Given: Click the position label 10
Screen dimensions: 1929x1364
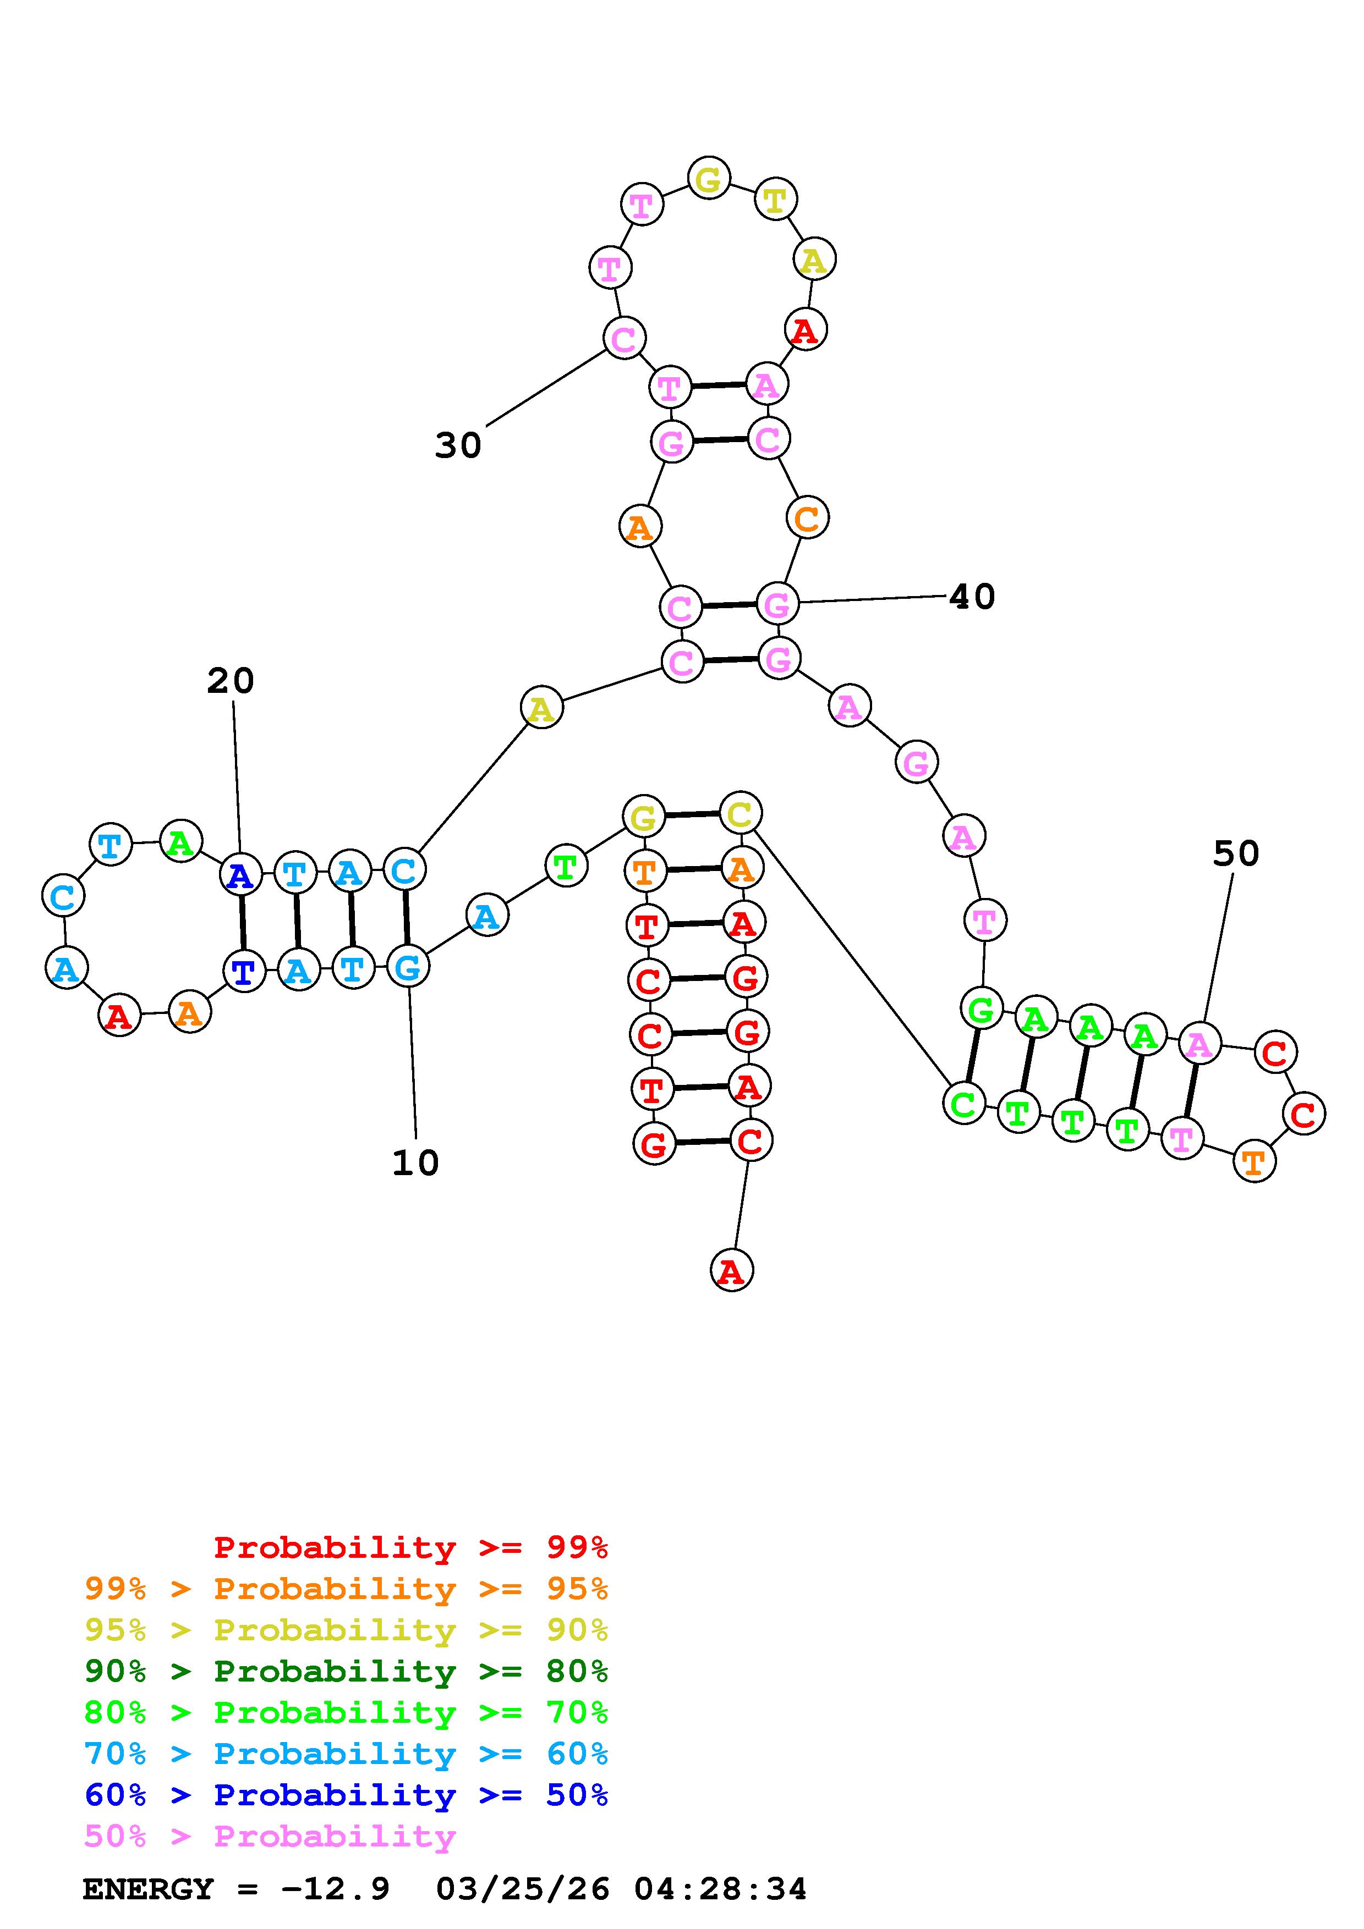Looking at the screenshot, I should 415,1163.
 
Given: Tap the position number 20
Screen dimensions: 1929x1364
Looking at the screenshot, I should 231,681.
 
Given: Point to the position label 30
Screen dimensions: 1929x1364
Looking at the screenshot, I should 458,445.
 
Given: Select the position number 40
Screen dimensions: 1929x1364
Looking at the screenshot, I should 972,597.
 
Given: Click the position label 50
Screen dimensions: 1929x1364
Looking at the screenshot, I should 1235,853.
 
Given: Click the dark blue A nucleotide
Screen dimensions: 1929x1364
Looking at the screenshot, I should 240,875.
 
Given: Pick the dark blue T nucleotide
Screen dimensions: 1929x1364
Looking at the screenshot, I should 244,972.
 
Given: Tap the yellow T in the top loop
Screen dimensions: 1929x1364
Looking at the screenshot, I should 775,200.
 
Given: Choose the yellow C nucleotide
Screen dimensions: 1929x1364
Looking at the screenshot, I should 739,813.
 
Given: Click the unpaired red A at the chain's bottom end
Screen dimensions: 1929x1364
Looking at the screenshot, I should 731,1270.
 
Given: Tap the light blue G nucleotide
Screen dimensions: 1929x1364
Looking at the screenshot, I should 408,967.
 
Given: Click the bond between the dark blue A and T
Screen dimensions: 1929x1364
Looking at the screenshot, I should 242,923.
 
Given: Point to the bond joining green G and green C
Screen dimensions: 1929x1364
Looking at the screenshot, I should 972,1056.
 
